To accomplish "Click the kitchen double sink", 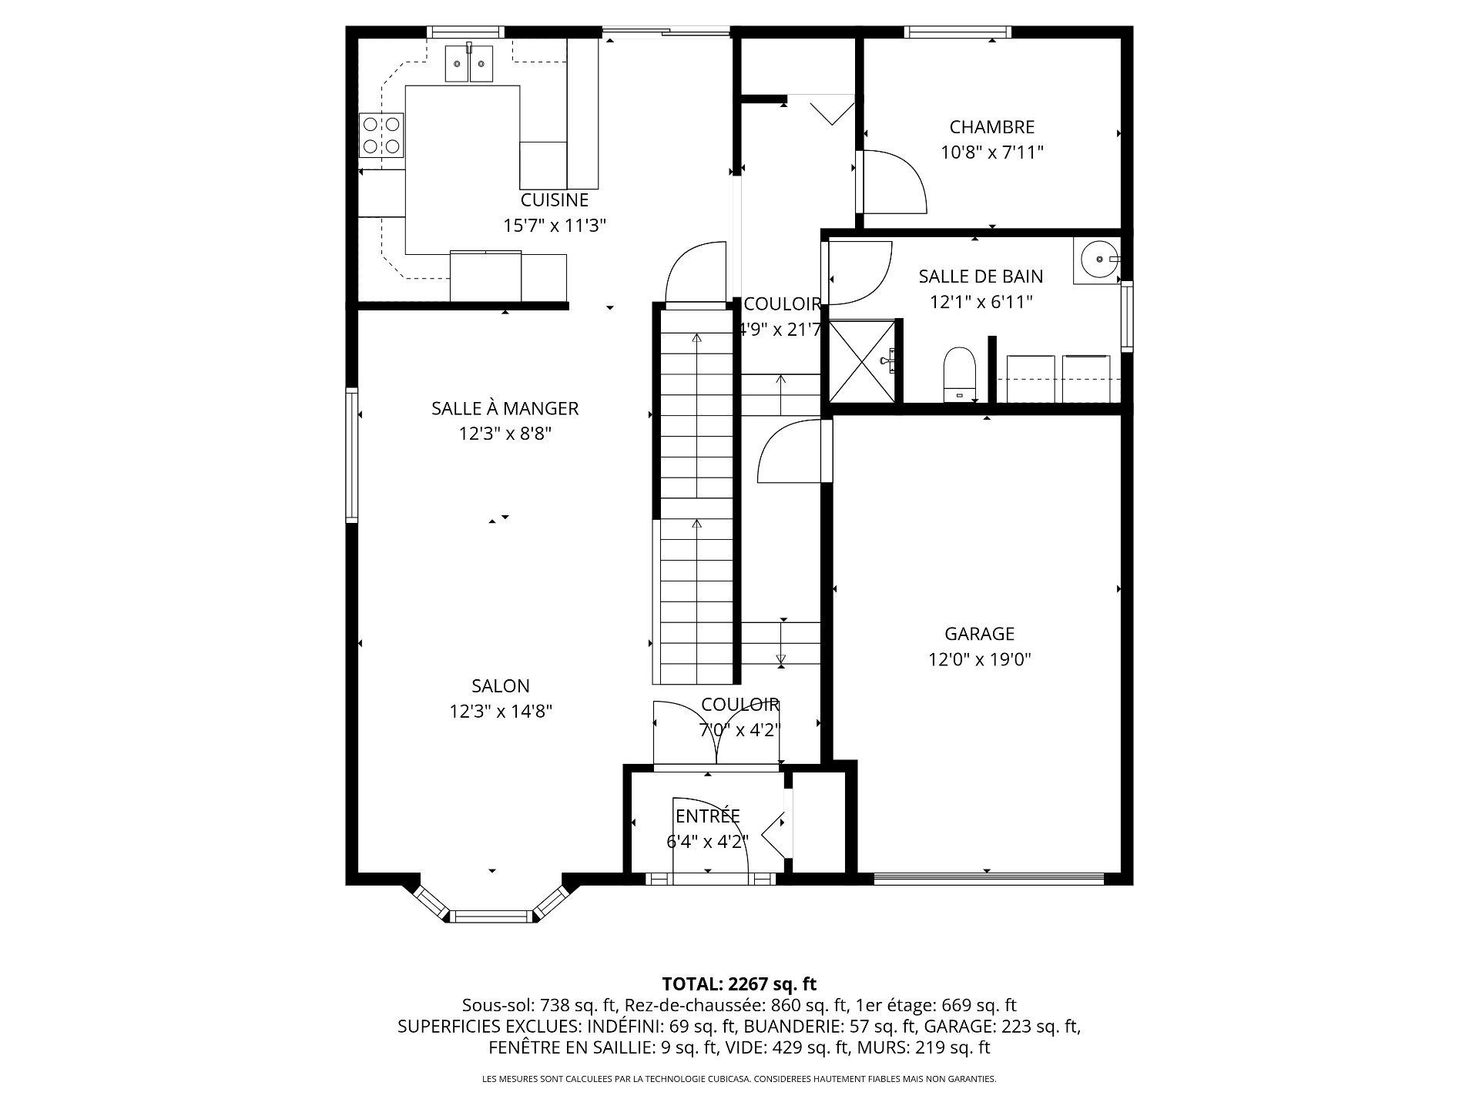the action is pos(468,62).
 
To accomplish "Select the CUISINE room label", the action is pos(555,200).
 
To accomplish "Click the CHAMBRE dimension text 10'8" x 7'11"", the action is pos(992,152).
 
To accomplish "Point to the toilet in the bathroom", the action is pos(960,374).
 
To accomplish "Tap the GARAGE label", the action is pos(980,634).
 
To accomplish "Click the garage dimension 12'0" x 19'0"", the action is pos(980,660).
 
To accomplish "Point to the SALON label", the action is pos(501,686).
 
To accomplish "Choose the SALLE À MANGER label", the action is pos(505,408).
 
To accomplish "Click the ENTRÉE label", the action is pos(707,816).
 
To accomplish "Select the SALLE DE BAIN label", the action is pos(981,276).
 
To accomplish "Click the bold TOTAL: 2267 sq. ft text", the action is pos(739,983).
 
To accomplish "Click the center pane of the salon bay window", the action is pos(491,916).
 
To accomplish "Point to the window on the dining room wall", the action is pos(352,455).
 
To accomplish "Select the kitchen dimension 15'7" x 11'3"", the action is pos(555,226).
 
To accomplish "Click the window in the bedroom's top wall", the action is pos(957,32).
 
